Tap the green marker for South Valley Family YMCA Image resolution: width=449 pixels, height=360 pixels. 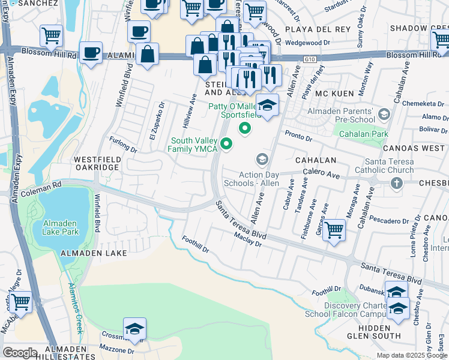pos(226,143)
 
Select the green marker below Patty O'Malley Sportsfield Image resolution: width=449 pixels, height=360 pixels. pos(244,128)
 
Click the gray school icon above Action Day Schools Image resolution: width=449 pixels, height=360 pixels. pos(262,160)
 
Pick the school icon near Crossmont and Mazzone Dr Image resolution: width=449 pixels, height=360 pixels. pos(135,329)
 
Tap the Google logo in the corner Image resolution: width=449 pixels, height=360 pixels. pos(20,353)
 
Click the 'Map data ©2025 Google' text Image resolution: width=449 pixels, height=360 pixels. pos(411,355)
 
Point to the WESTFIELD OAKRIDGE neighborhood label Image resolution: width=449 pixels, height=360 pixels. pos(97,163)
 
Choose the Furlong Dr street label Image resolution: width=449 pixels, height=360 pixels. pos(123,144)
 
